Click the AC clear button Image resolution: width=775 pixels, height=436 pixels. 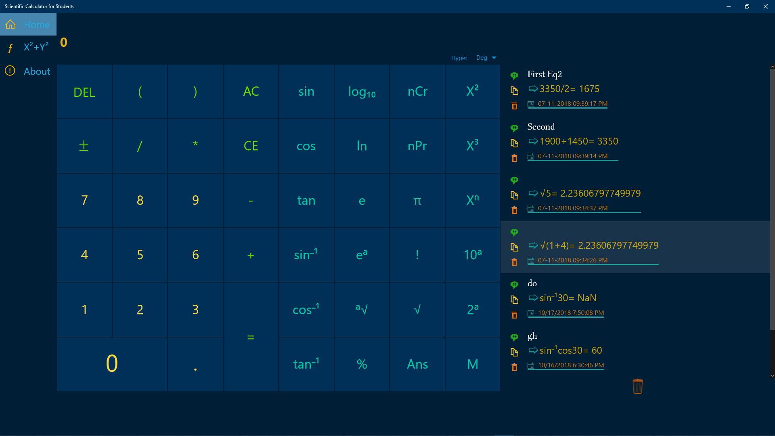point(251,92)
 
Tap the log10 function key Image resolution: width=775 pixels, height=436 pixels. point(362,92)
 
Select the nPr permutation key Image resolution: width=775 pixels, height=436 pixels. point(417,146)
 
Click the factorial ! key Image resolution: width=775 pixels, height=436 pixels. point(417,255)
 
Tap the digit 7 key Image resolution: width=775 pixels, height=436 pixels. point(84,200)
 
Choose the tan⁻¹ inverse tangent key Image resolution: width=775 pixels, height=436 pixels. point(306,364)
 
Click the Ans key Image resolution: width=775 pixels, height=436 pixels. point(417,364)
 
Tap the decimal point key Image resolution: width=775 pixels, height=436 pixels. point(195,364)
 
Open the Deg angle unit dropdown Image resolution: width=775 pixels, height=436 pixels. point(486,58)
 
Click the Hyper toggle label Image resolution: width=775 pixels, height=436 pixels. point(459,58)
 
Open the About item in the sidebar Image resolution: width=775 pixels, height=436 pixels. point(36,71)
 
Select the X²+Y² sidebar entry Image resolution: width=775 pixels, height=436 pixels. point(36,47)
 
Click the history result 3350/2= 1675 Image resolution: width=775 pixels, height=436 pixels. point(569,89)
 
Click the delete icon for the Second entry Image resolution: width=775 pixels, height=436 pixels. point(514,158)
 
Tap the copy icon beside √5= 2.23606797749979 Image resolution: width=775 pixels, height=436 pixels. point(514,195)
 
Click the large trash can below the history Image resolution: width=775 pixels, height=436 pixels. point(637,386)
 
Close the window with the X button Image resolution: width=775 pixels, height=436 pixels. point(765,6)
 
